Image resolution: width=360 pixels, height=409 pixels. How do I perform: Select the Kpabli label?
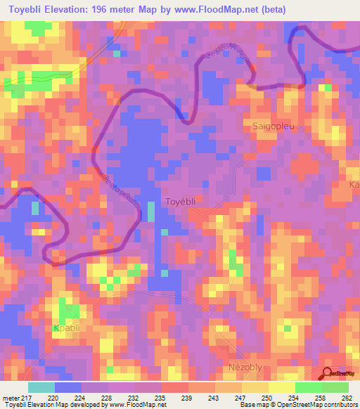(x=67, y=327)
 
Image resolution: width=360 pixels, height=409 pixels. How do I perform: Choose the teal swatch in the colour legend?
(x=41, y=387)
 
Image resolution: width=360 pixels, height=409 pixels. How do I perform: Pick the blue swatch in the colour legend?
(x=68, y=387)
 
